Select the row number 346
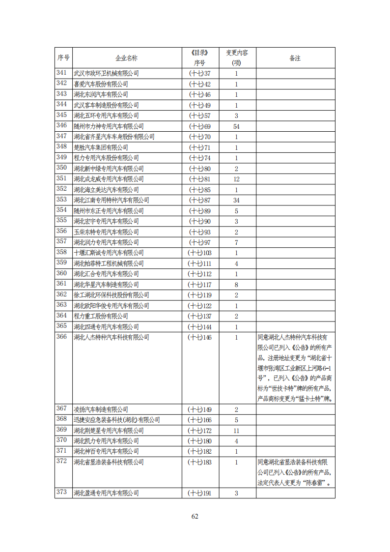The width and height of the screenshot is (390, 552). pos(62,126)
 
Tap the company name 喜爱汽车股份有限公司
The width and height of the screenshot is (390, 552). pos(101,84)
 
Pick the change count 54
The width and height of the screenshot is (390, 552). pos(236,126)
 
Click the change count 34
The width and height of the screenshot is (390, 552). pos(236,200)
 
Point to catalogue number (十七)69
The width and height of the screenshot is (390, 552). pos(200,126)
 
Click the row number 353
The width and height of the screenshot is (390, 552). pos(62,200)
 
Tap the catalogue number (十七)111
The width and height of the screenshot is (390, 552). pos(200,263)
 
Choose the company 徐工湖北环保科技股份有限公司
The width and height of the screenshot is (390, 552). pos(111,295)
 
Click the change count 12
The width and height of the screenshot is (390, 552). pos(236,179)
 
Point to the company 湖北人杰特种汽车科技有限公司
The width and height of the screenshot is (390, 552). pos(111,337)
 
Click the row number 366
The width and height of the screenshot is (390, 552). pos(62,337)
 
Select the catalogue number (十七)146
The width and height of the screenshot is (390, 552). pos(200,337)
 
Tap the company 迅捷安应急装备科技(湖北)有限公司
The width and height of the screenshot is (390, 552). pos(117,420)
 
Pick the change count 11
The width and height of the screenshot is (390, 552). pos(236,430)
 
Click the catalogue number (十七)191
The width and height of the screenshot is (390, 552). pos(200,493)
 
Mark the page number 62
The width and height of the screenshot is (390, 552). pos(195,516)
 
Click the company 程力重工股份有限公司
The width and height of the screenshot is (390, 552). pos(101,316)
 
